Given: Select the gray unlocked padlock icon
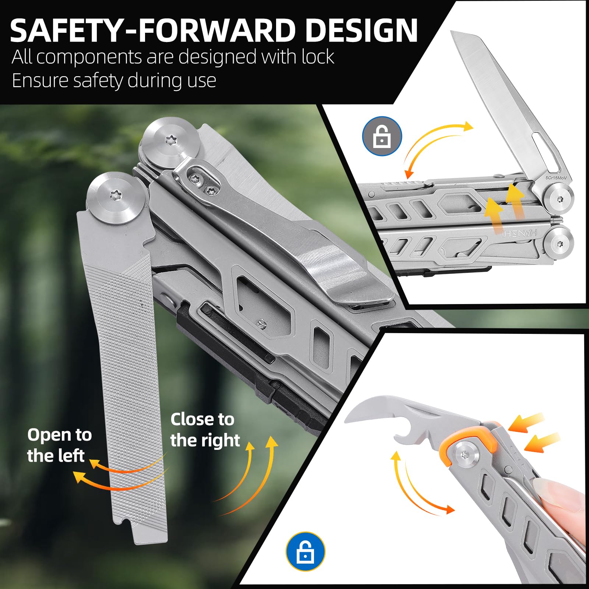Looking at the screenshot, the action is (x=382, y=136).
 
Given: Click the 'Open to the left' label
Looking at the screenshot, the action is (x=59, y=445).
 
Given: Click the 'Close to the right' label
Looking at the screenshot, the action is (x=205, y=430).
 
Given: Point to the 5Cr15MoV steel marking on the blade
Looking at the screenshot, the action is (x=556, y=178).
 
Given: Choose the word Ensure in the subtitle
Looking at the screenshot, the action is (x=39, y=81).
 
